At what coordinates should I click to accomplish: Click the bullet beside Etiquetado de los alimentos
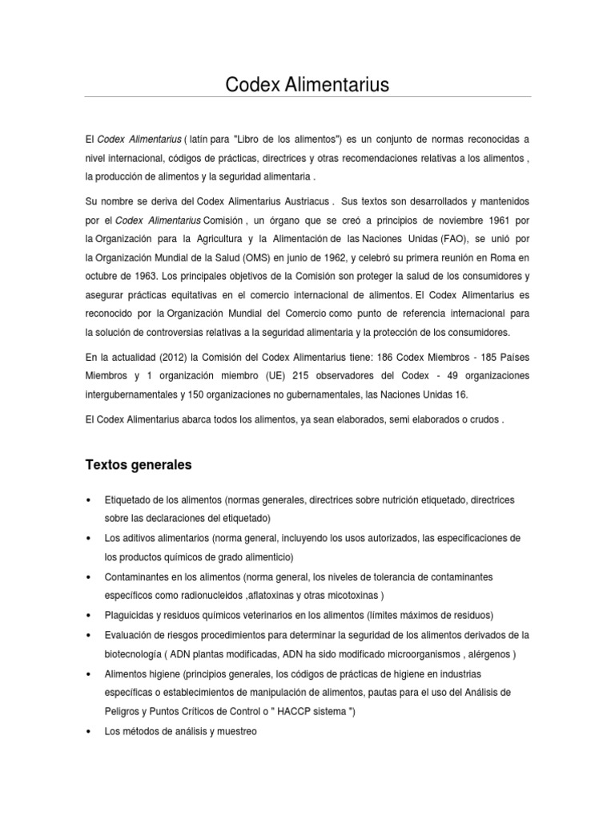[x=86, y=499]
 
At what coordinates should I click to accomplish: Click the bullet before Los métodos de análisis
[x=86, y=731]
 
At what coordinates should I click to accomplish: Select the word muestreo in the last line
[x=234, y=731]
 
